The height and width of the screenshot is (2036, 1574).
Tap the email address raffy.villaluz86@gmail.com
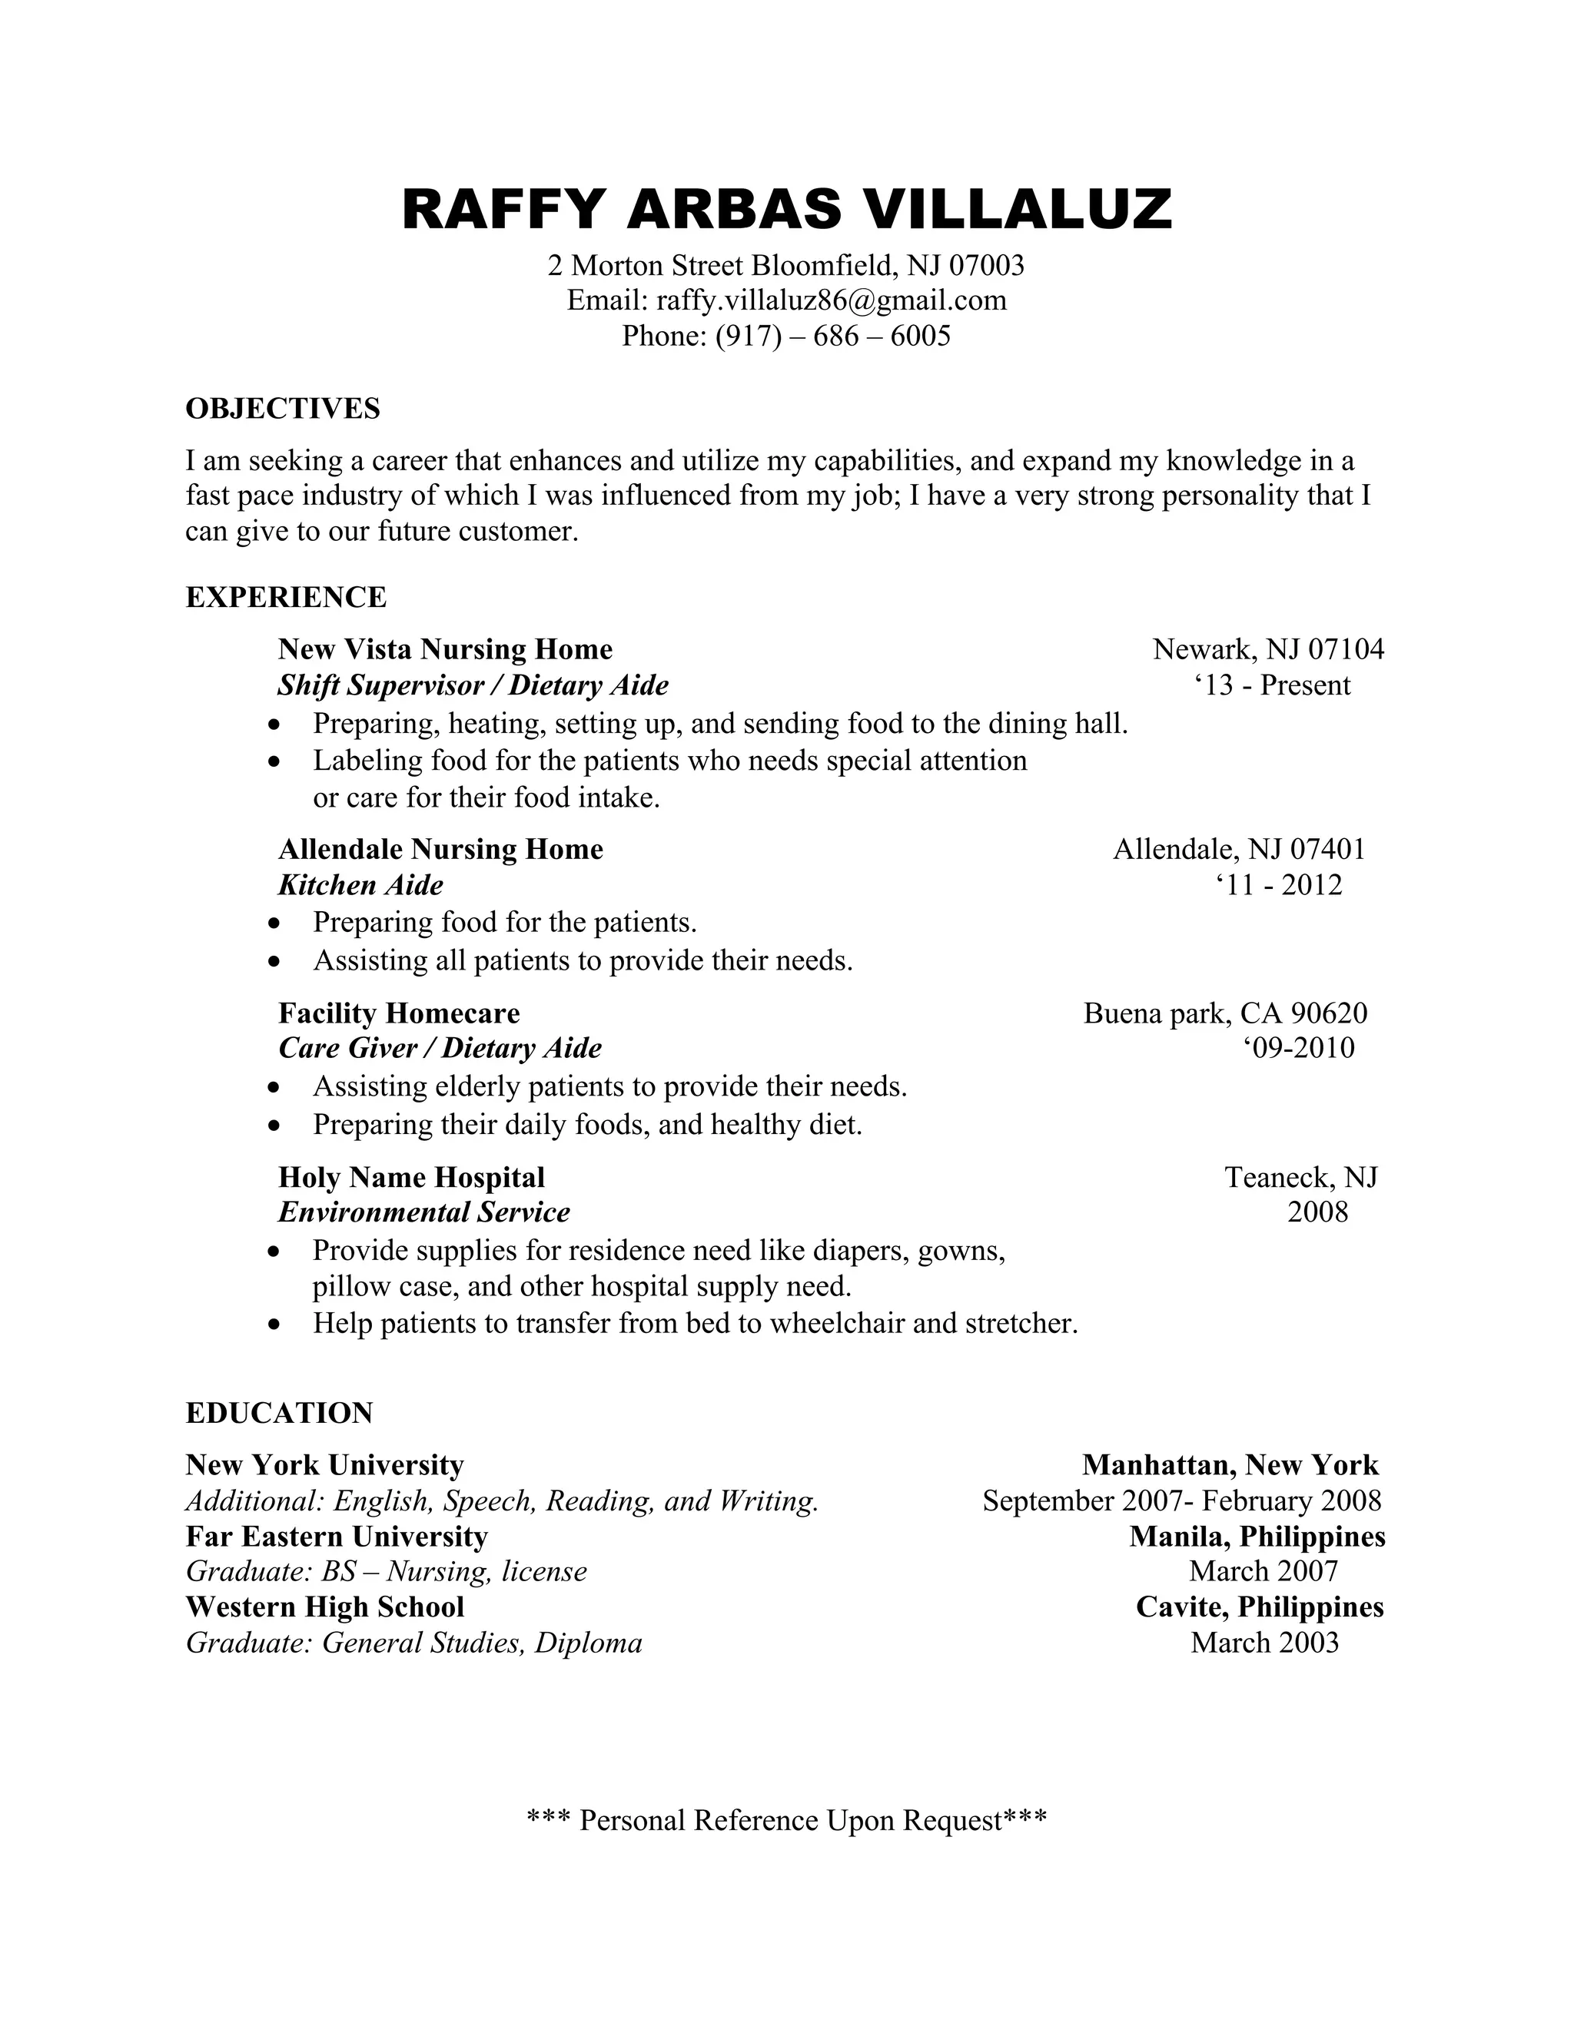click(x=831, y=300)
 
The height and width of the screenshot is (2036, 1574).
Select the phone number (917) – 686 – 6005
click(x=832, y=336)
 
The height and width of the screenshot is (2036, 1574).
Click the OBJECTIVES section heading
click(x=283, y=408)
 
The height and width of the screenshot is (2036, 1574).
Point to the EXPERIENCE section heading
click(x=285, y=597)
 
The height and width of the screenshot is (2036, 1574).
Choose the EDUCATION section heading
click(x=279, y=1412)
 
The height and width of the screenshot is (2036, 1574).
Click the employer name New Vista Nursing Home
click(x=445, y=649)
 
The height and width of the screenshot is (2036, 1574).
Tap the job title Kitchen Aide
click(x=360, y=884)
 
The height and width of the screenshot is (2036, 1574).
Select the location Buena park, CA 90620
click(x=1224, y=1013)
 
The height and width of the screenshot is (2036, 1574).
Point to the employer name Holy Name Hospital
click(x=411, y=1177)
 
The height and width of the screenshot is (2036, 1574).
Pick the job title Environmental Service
click(x=423, y=1212)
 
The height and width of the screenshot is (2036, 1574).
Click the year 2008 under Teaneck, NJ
click(x=1317, y=1212)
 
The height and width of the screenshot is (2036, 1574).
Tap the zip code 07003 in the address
click(x=987, y=266)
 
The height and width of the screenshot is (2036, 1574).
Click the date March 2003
click(x=1264, y=1642)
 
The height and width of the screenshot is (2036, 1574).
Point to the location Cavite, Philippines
click(x=1259, y=1607)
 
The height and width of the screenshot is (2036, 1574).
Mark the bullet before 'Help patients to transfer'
click(x=273, y=1324)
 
